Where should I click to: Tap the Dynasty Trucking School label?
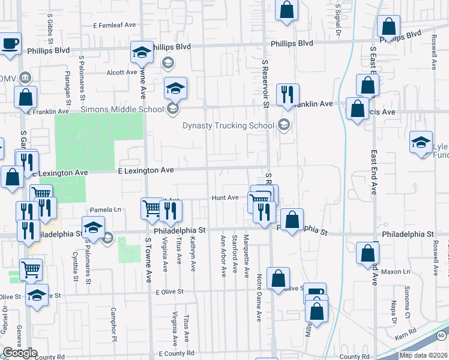click(x=229, y=126)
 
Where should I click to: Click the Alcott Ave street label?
click(x=122, y=72)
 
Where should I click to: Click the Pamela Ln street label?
click(x=105, y=210)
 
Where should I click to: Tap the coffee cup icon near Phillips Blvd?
click(x=10, y=44)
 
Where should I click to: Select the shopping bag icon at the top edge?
click(x=287, y=10)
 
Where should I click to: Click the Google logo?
click(x=20, y=353)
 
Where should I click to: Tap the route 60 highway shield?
click(x=441, y=334)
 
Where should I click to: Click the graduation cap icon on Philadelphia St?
click(x=93, y=229)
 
